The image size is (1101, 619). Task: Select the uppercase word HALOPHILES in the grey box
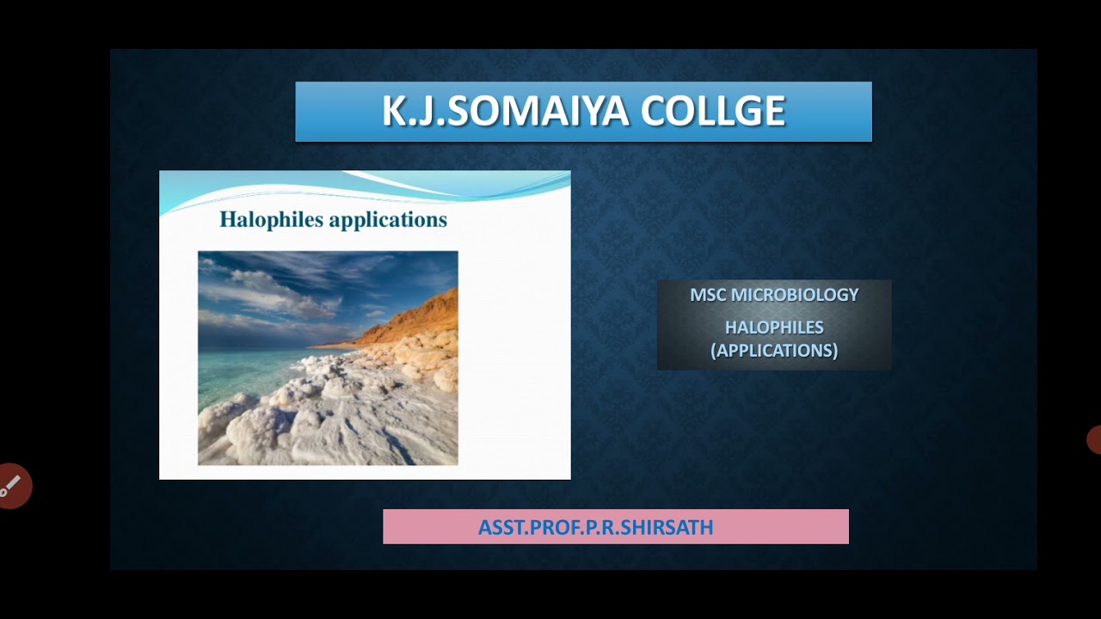click(774, 328)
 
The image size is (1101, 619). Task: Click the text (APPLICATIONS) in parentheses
click(774, 351)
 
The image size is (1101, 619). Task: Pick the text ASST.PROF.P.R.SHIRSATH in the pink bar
click(595, 527)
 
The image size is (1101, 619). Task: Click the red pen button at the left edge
click(14, 487)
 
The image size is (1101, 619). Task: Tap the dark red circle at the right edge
click(1094, 439)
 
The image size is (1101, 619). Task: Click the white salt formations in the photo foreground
click(344, 421)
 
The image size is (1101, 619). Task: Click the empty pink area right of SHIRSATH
click(783, 527)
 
